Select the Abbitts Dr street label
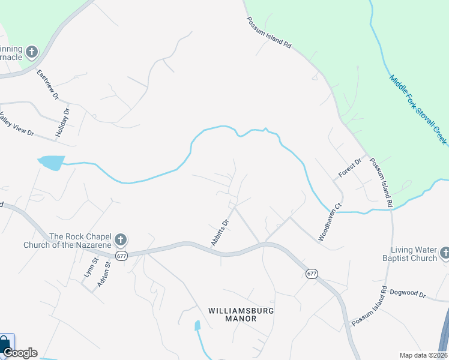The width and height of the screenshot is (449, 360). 220,232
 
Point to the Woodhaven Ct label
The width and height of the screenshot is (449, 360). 330,223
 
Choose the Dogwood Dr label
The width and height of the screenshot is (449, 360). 408,295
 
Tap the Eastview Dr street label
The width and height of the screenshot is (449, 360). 47,85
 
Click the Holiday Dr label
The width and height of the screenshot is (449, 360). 62,124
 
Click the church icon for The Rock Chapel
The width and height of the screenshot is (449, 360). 120,241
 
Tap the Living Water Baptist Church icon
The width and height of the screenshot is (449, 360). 445,253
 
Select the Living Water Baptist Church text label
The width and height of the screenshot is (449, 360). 414,254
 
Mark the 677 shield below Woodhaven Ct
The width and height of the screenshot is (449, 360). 311,274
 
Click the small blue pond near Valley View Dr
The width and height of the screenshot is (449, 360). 51,162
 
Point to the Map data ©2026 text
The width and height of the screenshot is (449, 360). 423,355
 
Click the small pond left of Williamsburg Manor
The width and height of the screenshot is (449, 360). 197,326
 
